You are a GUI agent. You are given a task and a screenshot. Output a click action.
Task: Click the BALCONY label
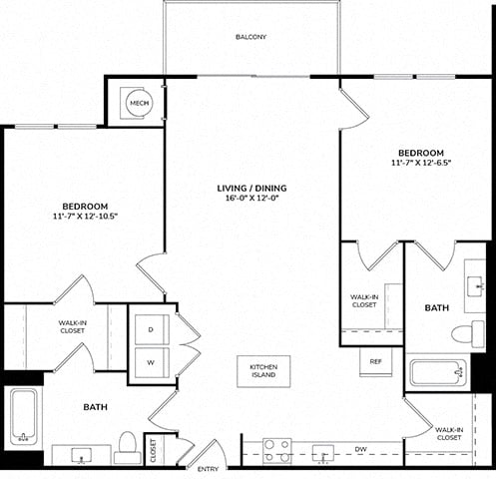click(250, 37)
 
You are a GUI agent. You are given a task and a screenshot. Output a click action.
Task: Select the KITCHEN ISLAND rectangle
click(263, 371)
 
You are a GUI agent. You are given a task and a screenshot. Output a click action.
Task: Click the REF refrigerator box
click(376, 361)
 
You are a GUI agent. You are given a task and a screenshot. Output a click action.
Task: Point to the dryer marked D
click(152, 329)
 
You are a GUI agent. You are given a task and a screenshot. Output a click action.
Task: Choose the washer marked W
click(152, 362)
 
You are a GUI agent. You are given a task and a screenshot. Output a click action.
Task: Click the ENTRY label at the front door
click(208, 469)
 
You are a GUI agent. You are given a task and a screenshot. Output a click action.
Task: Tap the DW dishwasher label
click(360, 449)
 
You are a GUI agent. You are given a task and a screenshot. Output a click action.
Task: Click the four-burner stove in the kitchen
click(277, 451)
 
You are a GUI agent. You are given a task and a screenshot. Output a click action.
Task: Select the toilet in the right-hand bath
click(468, 331)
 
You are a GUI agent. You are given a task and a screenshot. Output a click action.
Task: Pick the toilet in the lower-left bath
click(128, 447)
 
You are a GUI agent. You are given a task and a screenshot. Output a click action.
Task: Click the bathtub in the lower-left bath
click(23, 417)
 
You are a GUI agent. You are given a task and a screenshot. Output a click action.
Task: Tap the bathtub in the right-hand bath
click(438, 372)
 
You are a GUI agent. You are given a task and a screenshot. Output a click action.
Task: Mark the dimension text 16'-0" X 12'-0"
click(251, 198)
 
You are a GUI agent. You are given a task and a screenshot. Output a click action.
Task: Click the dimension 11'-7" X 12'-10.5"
click(86, 216)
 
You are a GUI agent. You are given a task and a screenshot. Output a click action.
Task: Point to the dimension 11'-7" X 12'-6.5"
click(421, 163)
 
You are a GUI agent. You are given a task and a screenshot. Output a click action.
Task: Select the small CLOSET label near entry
click(154, 451)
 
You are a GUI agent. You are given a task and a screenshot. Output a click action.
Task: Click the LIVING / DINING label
click(251, 189)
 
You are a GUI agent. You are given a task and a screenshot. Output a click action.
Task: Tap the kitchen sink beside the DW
click(323, 453)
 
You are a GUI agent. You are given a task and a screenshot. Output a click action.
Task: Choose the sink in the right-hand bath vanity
click(474, 286)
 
